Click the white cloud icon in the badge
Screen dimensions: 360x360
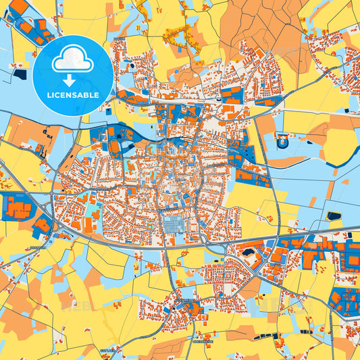(73, 59)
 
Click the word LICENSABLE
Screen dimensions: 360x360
(73, 95)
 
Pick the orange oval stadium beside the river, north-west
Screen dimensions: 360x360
(114, 145)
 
